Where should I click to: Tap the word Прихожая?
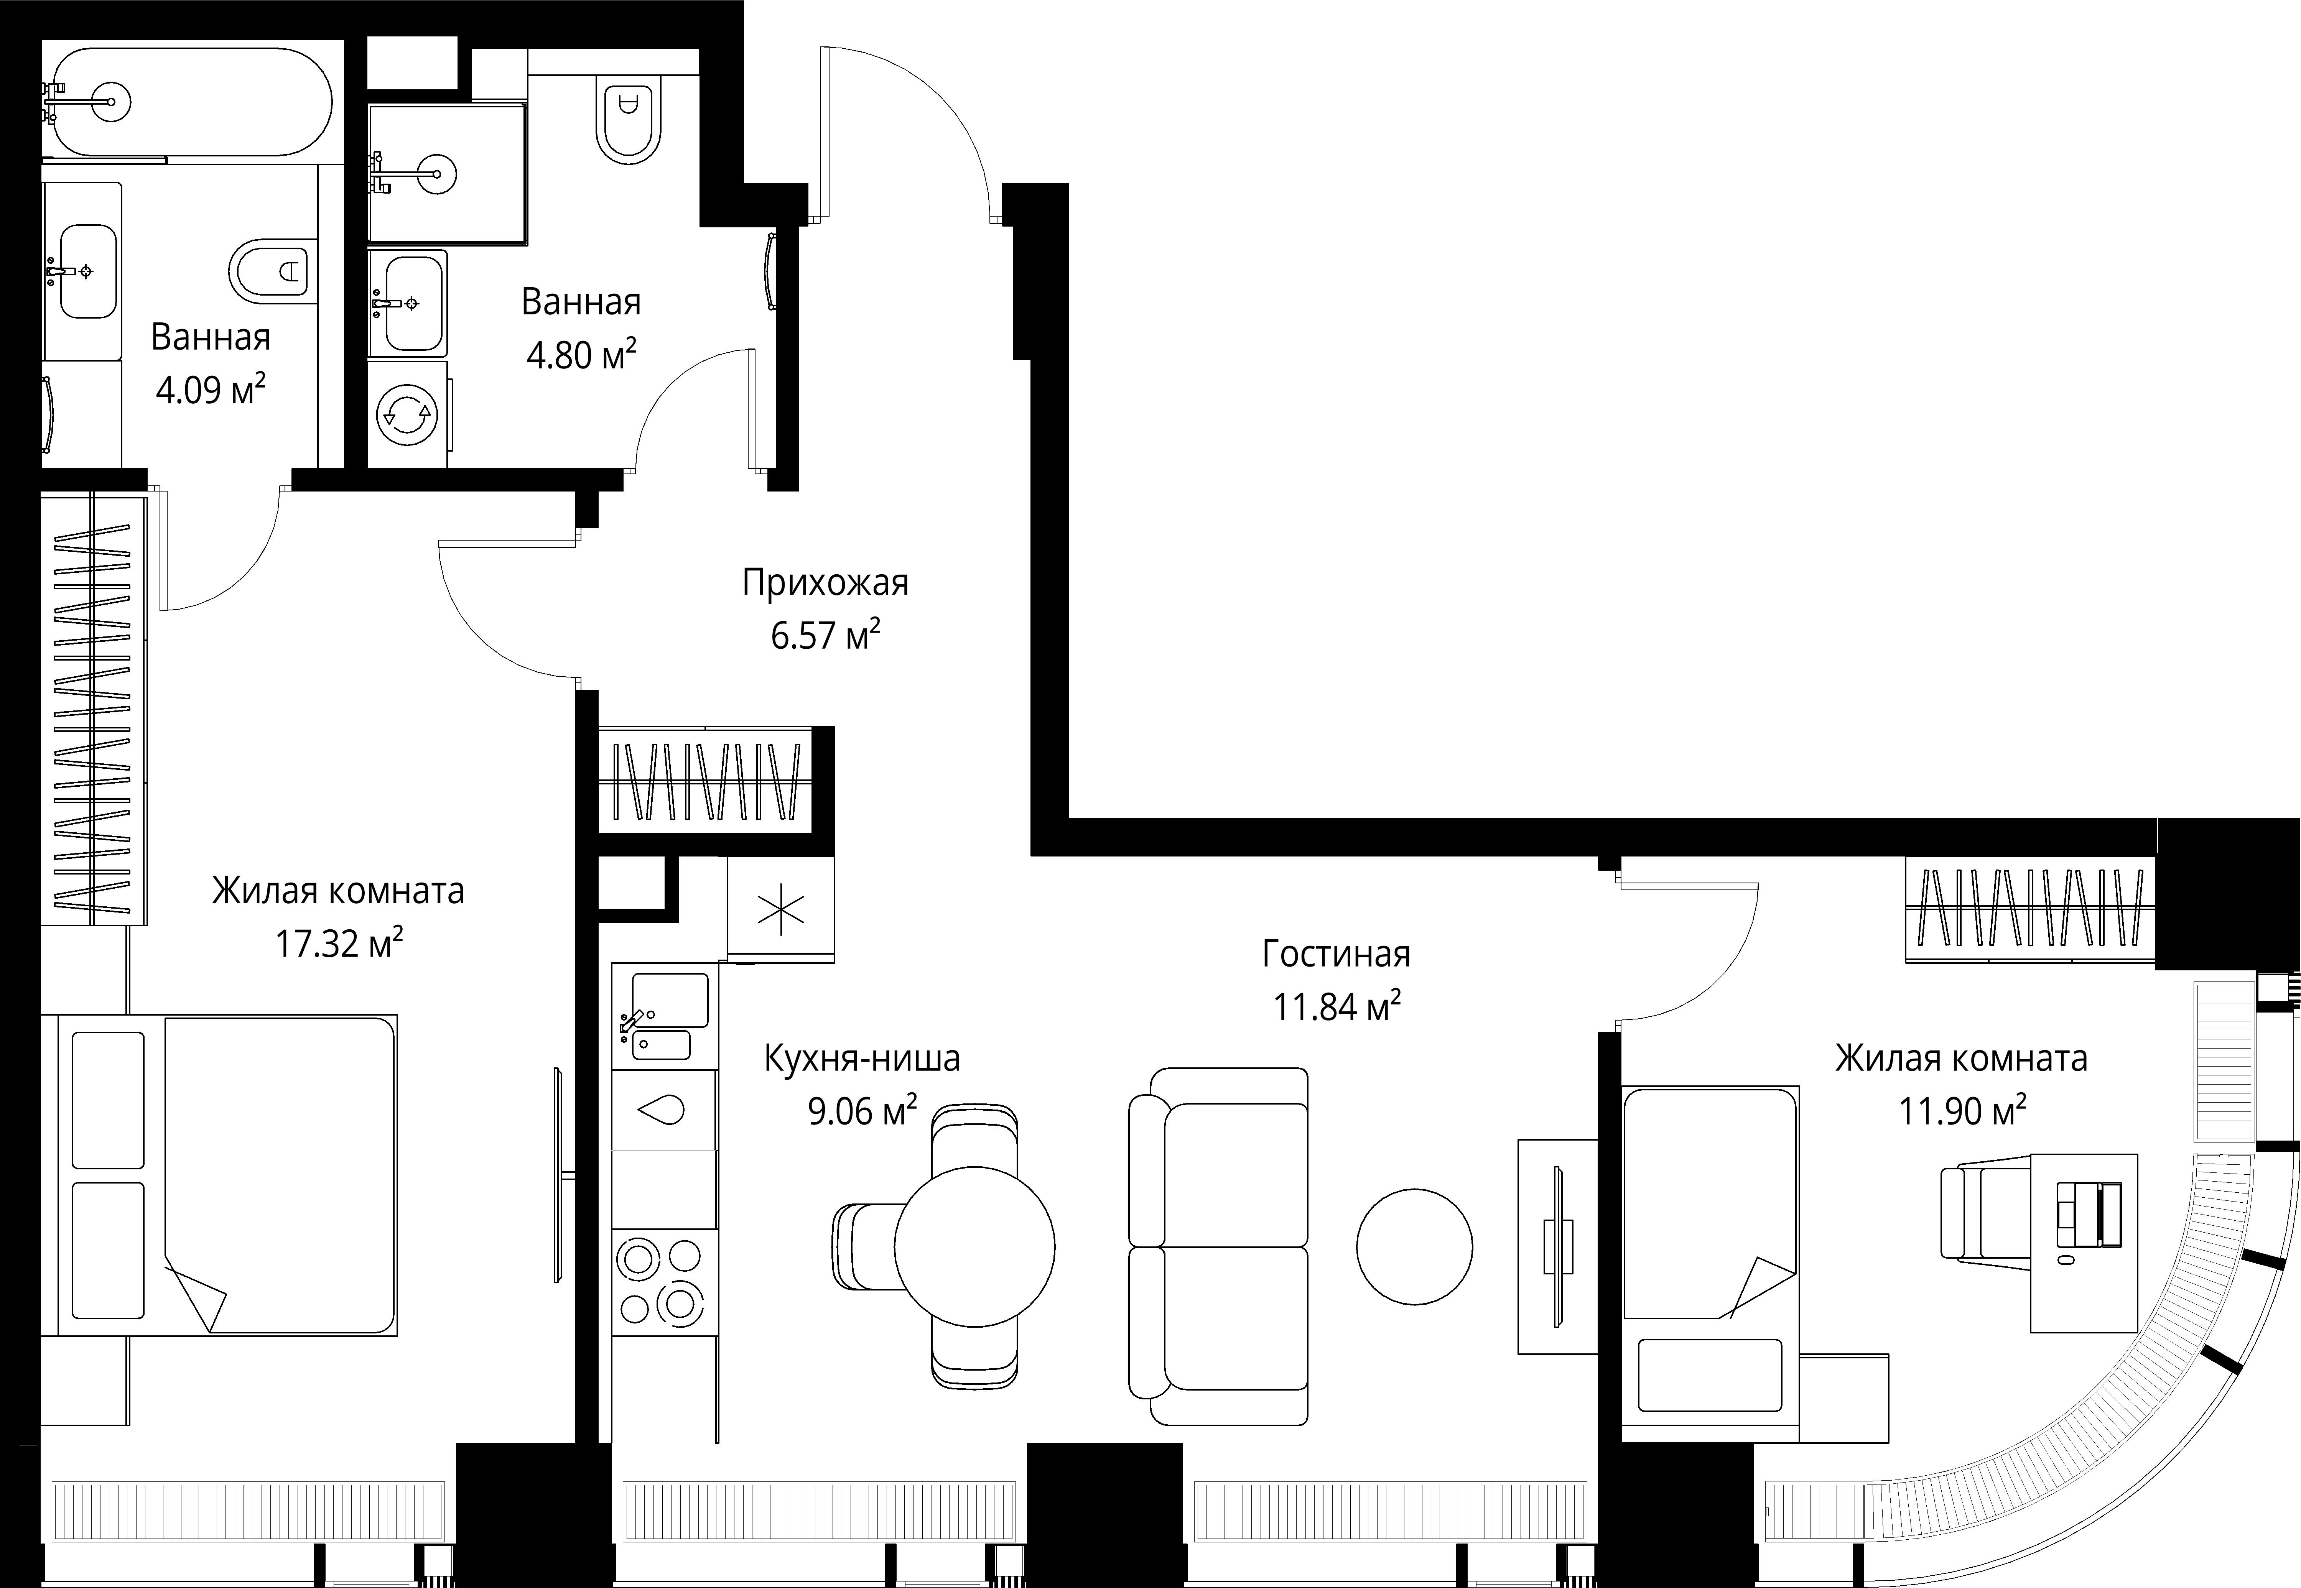click(x=825, y=583)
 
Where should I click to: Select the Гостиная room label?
click(x=1336, y=954)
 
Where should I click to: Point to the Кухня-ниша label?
click(x=862, y=1059)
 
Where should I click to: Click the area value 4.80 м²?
click(x=581, y=354)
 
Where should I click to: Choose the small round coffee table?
click(x=1414, y=1247)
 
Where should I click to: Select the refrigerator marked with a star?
click(x=781, y=909)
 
